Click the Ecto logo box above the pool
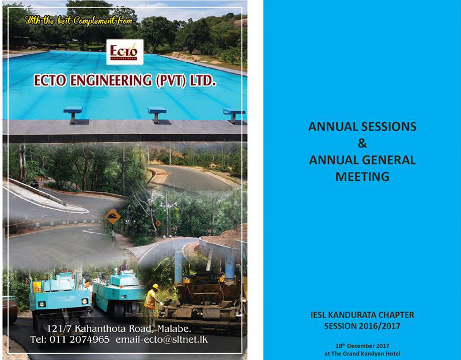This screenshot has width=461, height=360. (x=124, y=52)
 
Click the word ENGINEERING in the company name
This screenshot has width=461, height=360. (x=111, y=80)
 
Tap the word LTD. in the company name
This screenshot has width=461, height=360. (x=201, y=80)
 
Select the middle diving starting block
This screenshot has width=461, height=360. (x=157, y=114)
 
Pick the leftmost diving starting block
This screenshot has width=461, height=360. (x=73, y=114)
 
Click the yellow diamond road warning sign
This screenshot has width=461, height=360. (x=112, y=217)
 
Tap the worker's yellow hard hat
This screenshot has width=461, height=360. (x=156, y=286)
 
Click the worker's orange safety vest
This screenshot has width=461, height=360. (x=150, y=299)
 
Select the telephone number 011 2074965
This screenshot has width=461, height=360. (x=80, y=339)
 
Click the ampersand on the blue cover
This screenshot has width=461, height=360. (x=362, y=143)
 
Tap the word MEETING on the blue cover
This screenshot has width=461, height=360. (x=362, y=177)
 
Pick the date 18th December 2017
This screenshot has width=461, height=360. (x=362, y=346)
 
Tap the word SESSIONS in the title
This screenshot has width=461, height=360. (x=388, y=127)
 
